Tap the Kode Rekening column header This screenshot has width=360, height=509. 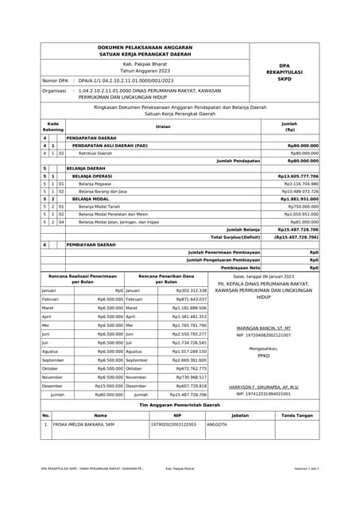(52, 126)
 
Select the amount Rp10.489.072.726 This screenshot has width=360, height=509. (299, 191)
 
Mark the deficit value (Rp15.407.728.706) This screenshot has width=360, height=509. (296, 236)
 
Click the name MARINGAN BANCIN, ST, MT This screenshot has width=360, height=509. (264, 328)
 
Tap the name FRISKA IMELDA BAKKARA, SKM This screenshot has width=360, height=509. (84, 425)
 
